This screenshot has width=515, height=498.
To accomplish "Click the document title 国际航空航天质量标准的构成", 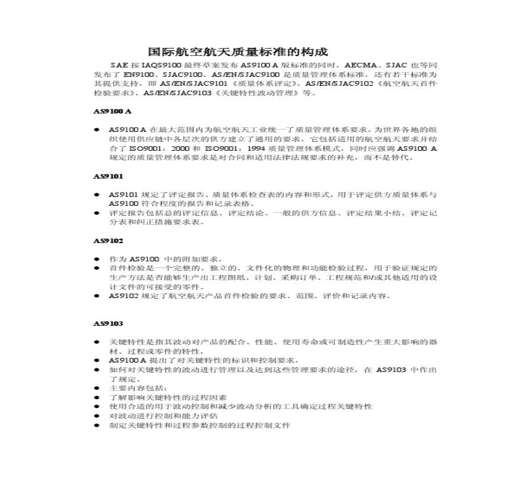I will (x=237, y=51).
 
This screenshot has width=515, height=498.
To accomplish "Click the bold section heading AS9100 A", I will (x=112, y=111).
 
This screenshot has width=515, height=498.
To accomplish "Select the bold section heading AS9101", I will (x=108, y=176).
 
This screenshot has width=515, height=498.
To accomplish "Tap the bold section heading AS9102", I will (x=108, y=241).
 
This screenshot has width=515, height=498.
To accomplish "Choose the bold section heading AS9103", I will (x=108, y=323).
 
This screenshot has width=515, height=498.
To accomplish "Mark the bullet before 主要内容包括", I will (x=97, y=388).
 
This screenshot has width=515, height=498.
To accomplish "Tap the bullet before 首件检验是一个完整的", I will (x=97, y=269).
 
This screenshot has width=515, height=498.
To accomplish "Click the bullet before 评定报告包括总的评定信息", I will (x=97, y=213).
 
